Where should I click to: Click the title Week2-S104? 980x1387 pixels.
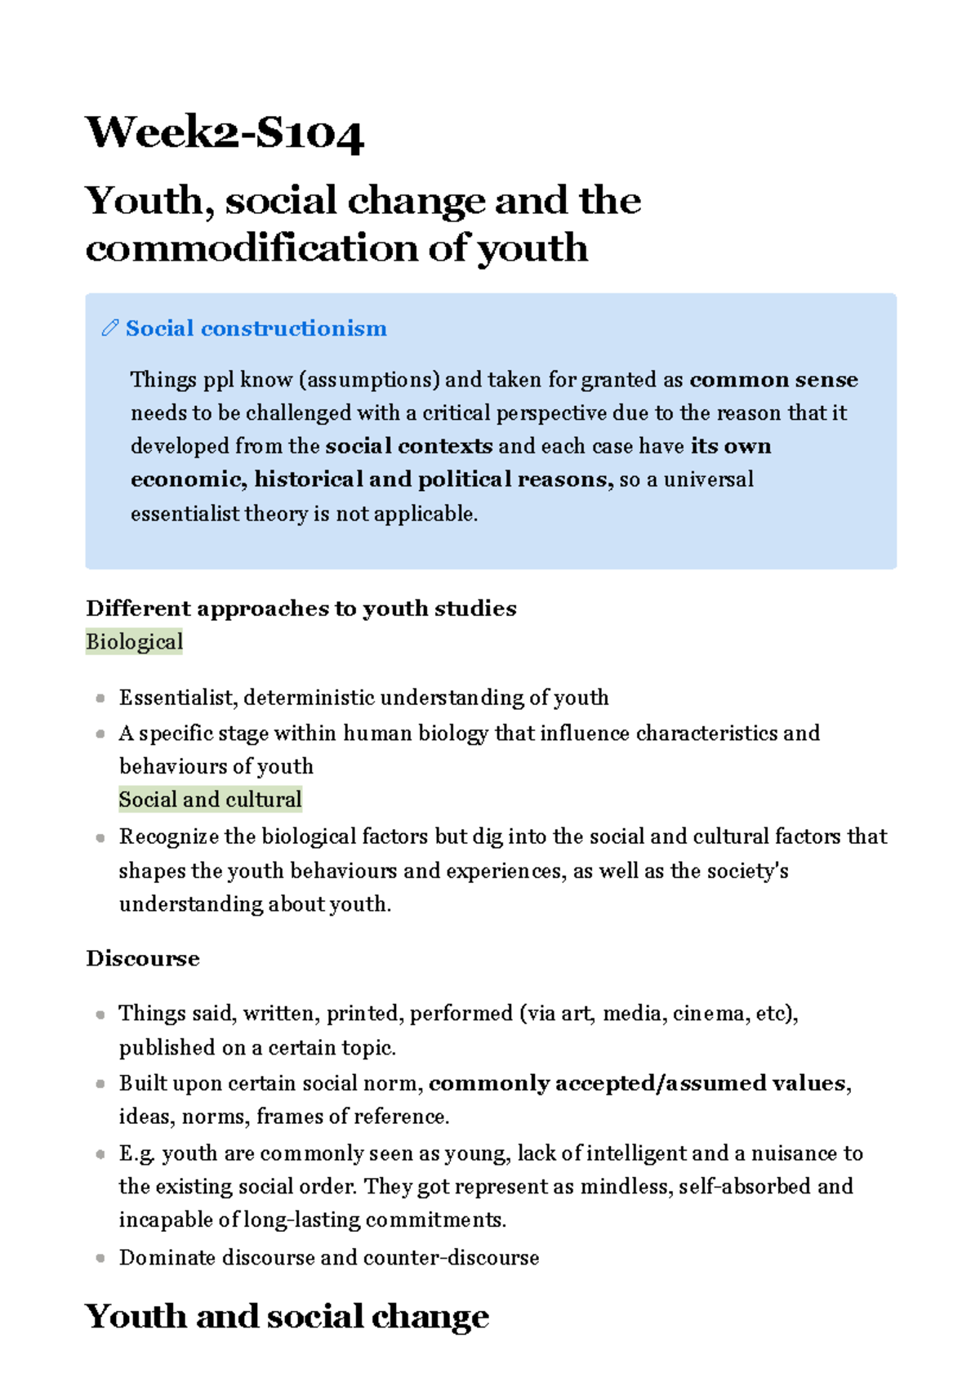[225, 133]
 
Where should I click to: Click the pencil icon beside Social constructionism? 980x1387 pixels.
[109, 328]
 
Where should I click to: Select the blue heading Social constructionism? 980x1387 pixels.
[256, 328]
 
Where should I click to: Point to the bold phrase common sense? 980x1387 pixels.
[773, 380]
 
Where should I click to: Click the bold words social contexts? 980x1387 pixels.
[408, 446]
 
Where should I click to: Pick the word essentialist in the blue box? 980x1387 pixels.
[173, 513]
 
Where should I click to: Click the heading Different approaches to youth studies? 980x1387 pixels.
[301, 609]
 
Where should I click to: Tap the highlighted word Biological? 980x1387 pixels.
[134, 642]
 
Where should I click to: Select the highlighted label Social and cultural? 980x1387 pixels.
[210, 799]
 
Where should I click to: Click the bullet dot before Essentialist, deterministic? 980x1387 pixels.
[100, 698]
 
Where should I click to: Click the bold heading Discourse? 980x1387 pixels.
[143, 958]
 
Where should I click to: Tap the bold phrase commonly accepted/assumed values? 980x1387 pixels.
[637, 1083]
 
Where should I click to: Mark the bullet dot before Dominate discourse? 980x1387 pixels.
[100, 1258]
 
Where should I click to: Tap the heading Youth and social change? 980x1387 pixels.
[287, 1316]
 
